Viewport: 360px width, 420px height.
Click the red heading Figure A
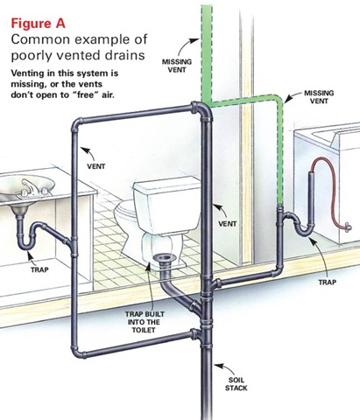tap(38, 24)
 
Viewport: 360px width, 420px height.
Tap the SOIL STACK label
tap(236, 384)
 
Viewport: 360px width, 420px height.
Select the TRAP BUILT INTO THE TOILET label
tap(145, 322)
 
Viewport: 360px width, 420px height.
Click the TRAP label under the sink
tap(39, 269)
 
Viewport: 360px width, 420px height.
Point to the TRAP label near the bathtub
tap(328, 282)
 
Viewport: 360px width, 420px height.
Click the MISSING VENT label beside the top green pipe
tap(177, 66)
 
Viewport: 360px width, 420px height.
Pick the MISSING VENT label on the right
tap(319, 97)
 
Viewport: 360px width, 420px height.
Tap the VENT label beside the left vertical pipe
tap(96, 166)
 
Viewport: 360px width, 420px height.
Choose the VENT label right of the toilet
tap(228, 224)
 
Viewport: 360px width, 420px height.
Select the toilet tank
tap(167, 204)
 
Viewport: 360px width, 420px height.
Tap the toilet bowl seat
tap(125, 209)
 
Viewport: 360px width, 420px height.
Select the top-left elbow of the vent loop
tap(76, 124)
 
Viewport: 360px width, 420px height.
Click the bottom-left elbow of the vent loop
tap(77, 352)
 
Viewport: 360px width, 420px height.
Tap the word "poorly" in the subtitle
tap(30, 55)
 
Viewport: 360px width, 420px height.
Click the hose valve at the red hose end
tap(348, 227)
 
